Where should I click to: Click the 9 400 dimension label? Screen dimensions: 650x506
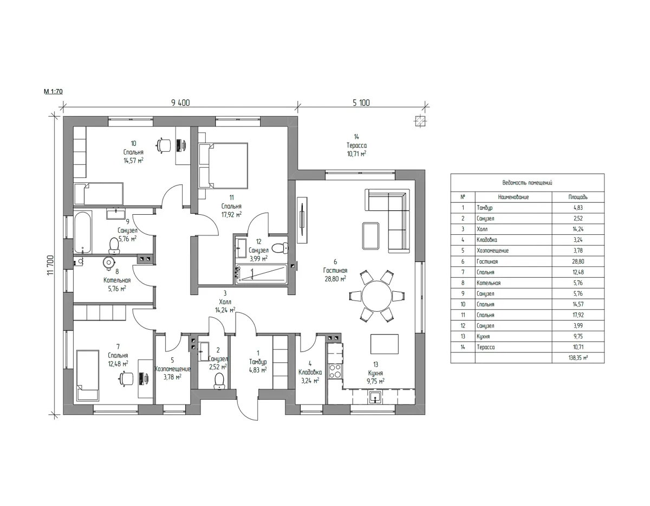180,103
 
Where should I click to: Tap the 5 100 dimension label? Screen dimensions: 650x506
361,103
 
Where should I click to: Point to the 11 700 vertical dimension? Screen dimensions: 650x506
50,265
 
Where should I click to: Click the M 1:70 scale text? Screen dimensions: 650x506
53,91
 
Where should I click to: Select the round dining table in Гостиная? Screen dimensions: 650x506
377,296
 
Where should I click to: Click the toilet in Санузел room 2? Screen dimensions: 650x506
219,381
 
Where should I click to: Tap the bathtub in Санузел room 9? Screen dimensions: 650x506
82,233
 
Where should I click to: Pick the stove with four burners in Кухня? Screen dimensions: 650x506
335,372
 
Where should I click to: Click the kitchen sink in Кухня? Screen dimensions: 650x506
375,398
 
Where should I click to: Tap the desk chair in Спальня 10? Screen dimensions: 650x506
164,145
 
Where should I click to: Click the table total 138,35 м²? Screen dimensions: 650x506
578,357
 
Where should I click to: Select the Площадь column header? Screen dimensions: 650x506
578,197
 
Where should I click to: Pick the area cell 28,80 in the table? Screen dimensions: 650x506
578,261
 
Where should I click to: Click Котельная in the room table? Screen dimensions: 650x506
489,283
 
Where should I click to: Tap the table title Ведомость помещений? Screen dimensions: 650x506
527,183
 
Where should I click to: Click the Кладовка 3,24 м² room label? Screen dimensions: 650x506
310,372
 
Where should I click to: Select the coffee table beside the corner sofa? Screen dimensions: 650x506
370,236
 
